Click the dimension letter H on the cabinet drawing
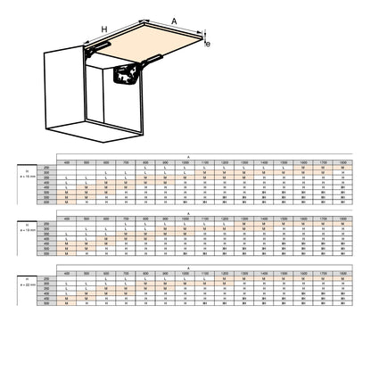point(103,29)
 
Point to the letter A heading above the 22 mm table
point(188,265)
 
